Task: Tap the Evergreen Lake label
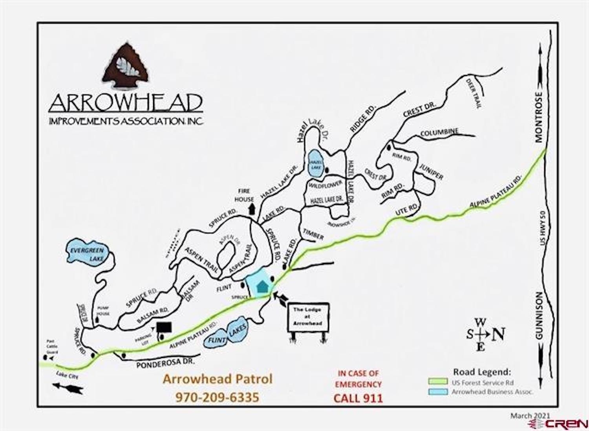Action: (87, 254)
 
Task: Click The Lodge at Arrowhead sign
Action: (308, 317)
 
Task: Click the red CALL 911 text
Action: (358, 398)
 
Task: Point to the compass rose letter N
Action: (499, 334)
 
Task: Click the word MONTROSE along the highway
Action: (538, 117)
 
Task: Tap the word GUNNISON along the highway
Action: (538, 315)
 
